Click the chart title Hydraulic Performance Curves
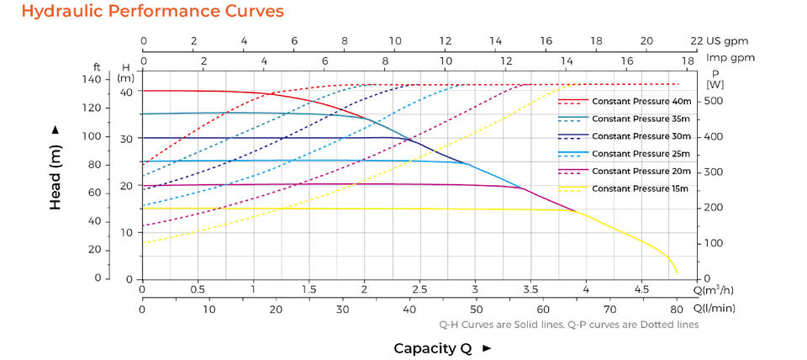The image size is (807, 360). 142,12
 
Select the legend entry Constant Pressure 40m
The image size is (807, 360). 641,101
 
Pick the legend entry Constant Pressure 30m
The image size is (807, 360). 641,135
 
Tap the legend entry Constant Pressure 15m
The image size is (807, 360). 641,188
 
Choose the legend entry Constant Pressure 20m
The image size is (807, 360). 641,171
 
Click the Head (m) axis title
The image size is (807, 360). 55,169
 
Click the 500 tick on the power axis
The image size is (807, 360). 713,101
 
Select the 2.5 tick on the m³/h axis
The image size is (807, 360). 419,289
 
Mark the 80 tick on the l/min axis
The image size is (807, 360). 676,309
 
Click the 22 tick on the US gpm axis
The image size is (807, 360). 696,40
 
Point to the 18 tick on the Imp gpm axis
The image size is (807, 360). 687,60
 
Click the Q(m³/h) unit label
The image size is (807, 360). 714,289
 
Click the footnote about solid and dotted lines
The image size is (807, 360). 568,325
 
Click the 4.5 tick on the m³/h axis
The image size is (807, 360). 641,289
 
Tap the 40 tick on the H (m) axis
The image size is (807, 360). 126,92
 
